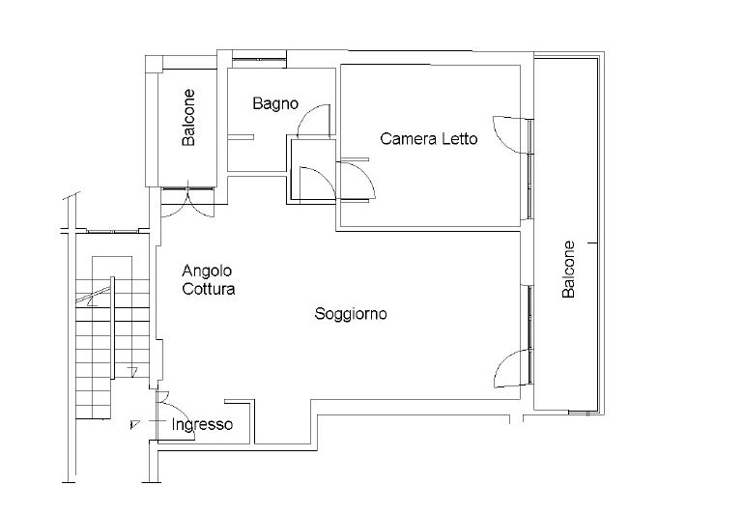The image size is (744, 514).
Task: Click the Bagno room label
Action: click(x=275, y=104)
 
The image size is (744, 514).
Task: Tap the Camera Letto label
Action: click(x=428, y=138)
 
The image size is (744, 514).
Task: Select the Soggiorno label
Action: click(x=351, y=314)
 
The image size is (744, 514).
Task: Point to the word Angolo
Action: click(x=207, y=271)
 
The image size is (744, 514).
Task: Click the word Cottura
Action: click(x=209, y=289)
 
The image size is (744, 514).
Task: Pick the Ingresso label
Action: click(x=202, y=424)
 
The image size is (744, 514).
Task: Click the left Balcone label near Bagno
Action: click(x=188, y=117)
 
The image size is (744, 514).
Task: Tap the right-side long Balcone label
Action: click(x=568, y=270)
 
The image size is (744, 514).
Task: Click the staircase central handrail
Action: click(x=112, y=328)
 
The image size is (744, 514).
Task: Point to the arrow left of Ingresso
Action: click(x=135, y=424)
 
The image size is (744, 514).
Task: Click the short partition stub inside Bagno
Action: click(x=241, y=137)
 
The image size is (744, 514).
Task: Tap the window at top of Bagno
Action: click(x=259, y=59)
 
